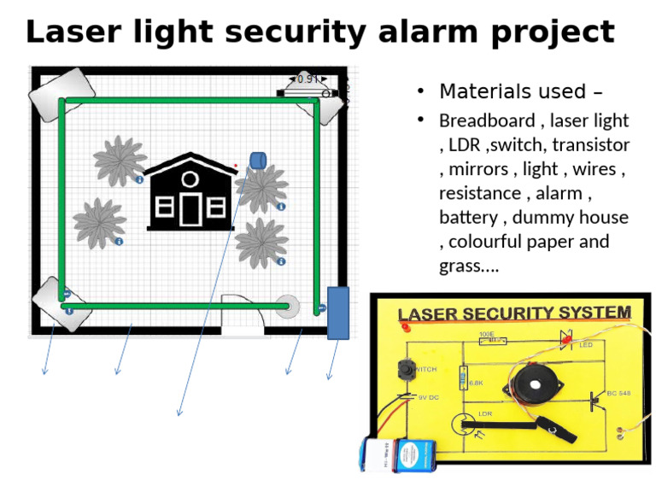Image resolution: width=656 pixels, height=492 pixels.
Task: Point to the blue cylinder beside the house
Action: click(x=258, y=160)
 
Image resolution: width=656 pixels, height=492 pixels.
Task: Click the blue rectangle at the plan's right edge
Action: click(x=338, y=313)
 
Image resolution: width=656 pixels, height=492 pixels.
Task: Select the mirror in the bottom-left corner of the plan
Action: click(x=61, y=304)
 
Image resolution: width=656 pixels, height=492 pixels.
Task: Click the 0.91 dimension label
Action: click(x=307, y=79)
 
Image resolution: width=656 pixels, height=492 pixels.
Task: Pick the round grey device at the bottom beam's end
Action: click(x=287, y=306)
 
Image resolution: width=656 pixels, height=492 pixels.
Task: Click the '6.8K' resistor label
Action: click(x=477, y=384)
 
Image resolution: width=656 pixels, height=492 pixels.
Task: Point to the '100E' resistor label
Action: click(x=487, y=334)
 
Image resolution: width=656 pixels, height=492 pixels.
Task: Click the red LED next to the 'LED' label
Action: click(x=566, y=339)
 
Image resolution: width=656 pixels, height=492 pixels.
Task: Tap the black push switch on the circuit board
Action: click(x=404, y=371)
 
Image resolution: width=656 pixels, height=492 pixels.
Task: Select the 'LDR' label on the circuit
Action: click(x=485, y=413)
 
